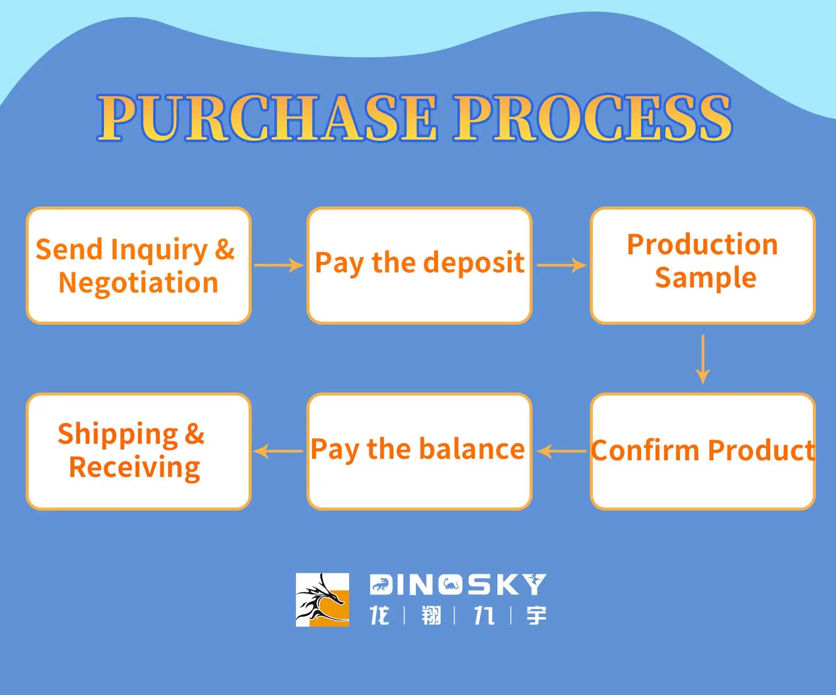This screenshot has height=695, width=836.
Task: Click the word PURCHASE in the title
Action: (267, 118)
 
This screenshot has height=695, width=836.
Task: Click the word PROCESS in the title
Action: (593, 118)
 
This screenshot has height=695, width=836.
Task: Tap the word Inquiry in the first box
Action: (159, 250)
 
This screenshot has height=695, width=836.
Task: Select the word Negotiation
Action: (139, 283)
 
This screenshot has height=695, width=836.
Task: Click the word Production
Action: (702, 245)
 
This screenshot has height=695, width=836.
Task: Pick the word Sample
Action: (705, 278)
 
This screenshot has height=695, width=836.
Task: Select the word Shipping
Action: (118, 435)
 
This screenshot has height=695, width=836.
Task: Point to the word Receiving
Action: (135, 468)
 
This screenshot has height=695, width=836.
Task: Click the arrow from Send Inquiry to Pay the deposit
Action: (279, 265)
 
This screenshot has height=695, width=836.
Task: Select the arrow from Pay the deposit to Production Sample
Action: (562, 265)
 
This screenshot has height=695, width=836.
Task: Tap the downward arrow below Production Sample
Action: (703, 360)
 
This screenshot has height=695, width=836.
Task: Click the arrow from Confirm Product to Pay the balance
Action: (562, 451)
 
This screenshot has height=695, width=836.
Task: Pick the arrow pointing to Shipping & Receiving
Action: (278, 451)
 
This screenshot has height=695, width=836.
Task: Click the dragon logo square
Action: (323, 600)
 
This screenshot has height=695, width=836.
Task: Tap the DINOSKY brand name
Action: (458, 585)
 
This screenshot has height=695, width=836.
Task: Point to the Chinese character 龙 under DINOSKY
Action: (379, 616)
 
